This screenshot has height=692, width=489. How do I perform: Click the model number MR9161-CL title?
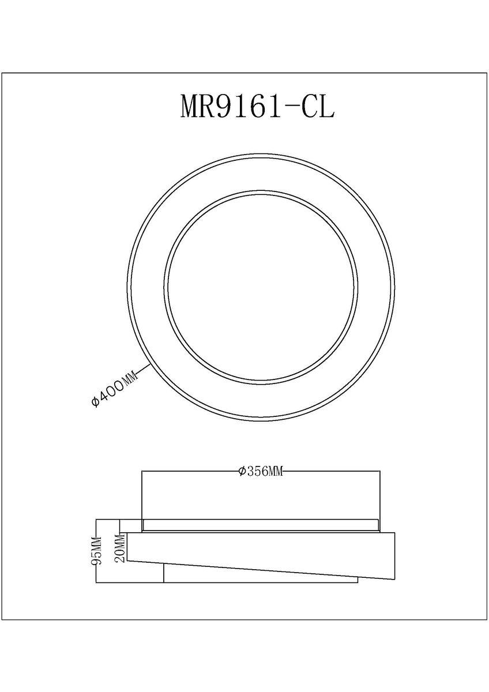click(257, 106)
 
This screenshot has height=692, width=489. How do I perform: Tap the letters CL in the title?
click(318, 106)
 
